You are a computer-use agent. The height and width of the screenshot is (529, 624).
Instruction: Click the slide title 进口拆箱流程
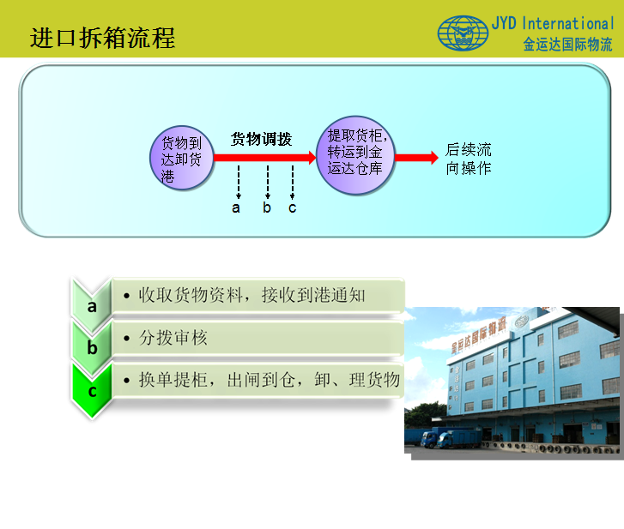click(103, 39)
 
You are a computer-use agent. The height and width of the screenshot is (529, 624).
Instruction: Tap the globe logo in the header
click(463, 33)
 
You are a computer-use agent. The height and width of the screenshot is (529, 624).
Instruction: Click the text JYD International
click(553, 23)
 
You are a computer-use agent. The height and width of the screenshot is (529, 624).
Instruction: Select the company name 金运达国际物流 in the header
click(567, 44)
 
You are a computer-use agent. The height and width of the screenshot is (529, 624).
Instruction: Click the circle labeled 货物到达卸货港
click(182, 158)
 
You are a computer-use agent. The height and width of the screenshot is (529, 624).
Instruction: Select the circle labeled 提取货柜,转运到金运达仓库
click(355, 155)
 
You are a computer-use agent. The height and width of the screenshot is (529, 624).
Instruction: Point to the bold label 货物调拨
click(261, 139)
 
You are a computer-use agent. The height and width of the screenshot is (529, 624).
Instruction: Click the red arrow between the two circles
click(265, 158)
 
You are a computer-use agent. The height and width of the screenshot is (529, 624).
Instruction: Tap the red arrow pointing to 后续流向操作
click(416, 158)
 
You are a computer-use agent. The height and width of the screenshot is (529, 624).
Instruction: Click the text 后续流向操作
click(469, 159)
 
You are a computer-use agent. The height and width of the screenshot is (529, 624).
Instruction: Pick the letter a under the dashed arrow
click(236, 207)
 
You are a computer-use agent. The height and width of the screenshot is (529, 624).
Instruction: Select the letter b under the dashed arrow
click(267, 207)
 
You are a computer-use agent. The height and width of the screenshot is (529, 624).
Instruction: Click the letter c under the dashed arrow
click(292, 207)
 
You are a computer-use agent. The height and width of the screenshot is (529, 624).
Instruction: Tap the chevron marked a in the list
click(92, 305)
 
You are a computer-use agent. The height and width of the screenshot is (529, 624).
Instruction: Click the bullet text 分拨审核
click(173, 338)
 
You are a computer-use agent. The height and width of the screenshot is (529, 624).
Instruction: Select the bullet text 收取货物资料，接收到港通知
click(251, 295)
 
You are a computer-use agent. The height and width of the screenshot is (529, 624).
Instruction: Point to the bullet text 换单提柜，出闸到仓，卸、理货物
click(269, 380)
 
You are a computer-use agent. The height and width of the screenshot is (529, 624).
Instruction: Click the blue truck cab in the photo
click(429, 440)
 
